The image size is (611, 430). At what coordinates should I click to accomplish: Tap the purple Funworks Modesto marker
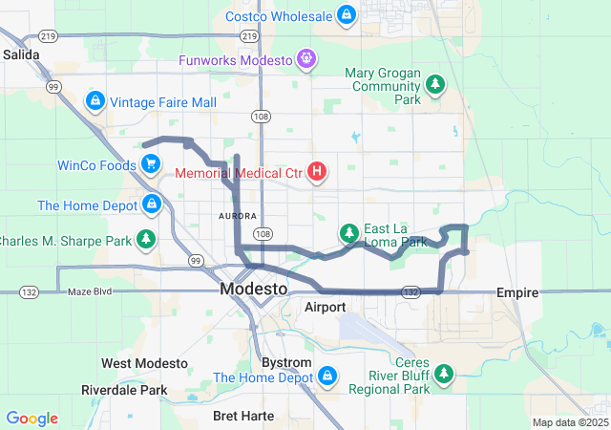click(305, 59)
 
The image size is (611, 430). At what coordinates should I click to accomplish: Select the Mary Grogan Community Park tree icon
click(435, 85)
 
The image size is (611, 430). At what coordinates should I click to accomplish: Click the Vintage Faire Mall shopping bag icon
click(95, 100)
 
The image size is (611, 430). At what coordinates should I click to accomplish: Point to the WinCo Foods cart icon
click(150, 164)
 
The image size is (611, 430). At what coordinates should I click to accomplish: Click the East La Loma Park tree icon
click(349, 233)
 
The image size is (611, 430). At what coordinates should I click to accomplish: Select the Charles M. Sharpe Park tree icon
click(145, 238)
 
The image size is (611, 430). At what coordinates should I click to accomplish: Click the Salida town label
click(21, 55)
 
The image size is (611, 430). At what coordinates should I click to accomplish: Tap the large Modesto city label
click(253, 289)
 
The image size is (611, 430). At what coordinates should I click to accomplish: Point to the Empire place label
click(517, 292)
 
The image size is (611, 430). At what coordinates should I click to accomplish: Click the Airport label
click(325, 308)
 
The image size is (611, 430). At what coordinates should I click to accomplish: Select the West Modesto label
click(144, 364)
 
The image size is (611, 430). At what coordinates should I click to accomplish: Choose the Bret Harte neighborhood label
click(243, 416)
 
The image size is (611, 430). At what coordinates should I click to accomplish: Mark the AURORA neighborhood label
click(238, 217)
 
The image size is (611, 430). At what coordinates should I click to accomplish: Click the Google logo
click(32, 419)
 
